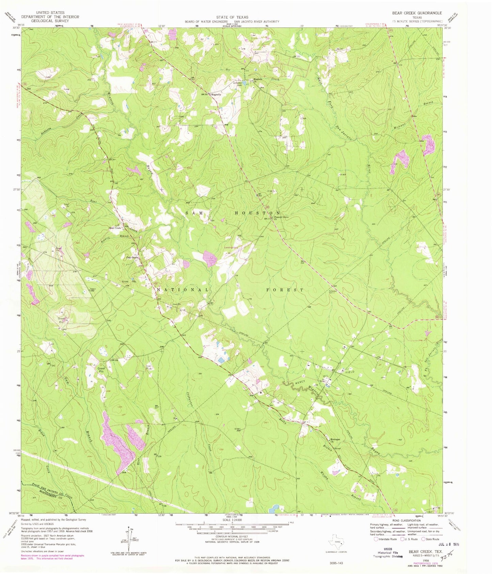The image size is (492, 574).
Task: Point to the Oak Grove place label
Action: point(132,257)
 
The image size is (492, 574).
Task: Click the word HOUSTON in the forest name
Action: point(257,213)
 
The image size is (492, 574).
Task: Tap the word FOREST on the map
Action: point(284,290)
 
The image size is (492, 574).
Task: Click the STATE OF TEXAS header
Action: point(232,17)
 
